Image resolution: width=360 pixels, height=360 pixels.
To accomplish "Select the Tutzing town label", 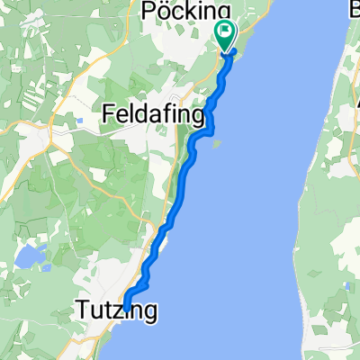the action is tap(116, 312).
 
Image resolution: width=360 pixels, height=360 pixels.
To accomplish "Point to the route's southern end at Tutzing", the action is tap(125, 301).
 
